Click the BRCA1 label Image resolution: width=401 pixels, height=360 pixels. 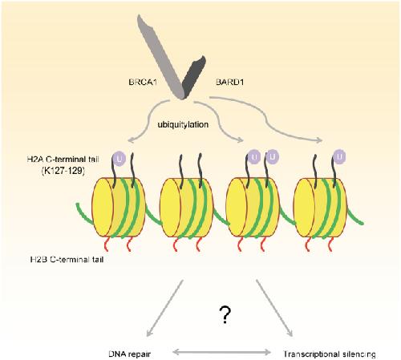click(143, 82)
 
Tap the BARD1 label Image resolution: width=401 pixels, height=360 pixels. click(230, 82)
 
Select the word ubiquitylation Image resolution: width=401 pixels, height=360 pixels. click(183, 124)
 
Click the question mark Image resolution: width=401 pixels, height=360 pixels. click(225, 315)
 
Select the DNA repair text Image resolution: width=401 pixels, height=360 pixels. click(130, 354)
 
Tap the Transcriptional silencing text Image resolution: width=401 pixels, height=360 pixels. click(330, 354)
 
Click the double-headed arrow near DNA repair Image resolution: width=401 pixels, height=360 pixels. click(222, 352)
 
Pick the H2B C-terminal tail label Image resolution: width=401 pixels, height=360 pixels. click(67, 259)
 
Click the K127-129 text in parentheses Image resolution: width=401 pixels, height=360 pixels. click(63, 171)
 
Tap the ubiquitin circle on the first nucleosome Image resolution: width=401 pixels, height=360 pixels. click(119, 159)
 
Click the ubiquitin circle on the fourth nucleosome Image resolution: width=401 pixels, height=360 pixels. click(339, 156)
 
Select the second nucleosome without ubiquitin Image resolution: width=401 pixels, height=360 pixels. click(187, 208)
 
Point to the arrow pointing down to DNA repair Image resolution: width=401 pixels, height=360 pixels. click(165, 308)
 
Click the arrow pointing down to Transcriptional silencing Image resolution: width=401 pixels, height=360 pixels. click(274, 308)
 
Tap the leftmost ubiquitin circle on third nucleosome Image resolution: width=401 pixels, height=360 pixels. click(254, 156)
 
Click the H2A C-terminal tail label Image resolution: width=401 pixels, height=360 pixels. click(63, 160)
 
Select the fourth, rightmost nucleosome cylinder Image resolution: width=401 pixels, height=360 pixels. click(320, 208)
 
